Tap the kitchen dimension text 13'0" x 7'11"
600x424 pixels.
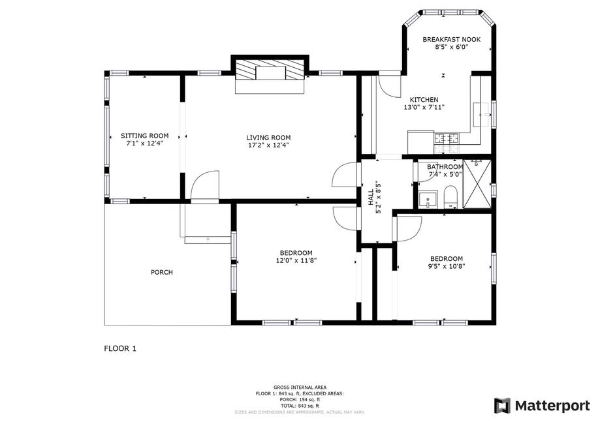pyautogui.click(x=424, y=108)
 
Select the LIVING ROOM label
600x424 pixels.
pyautogui.click(x=268, y=138)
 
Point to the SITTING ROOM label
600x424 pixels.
pyautogui.click(x=145, y=136)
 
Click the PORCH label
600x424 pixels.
pyautogui.click(x=162, y=272)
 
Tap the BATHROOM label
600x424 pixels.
pyautogui.click(x=445, y=167)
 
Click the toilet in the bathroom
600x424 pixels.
pyautogui.click(x=450, y=197)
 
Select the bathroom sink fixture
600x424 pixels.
pyautogui.click(x=427, y=199)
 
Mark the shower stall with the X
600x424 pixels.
pyautogui.click(x=477, y=184)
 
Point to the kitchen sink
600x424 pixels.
pyautogui.click(x=481, y=114)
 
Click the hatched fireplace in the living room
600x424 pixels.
pyautogui.click(x=270, y=69)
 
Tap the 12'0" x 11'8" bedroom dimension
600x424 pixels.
pyautogui.click(x=296, y=261)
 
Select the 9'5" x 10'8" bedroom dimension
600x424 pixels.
pyautogui.click(x=447, y=267)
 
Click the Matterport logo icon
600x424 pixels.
pyautogui.click(x=503, y=406)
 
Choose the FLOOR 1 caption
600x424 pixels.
pyautogui.click(x=120, y=349)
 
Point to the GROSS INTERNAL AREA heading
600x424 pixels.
pyautogui.click(x=300, y=387)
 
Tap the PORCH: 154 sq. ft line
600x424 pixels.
pyautogui.click(x=300, y=399)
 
